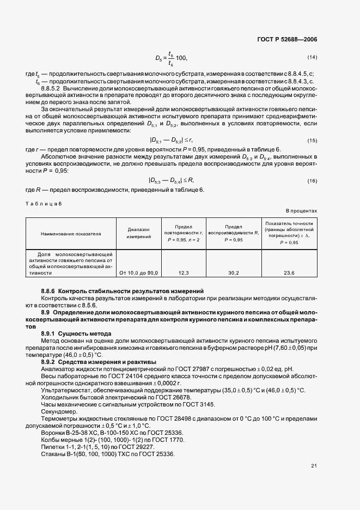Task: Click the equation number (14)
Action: point(312,57)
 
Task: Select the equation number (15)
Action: point(312,141)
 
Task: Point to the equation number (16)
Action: point(312,181)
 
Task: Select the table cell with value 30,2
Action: point(234,272)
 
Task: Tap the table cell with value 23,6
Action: point(289,272)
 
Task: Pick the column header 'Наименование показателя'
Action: point(71,233)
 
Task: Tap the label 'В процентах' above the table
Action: point(301,211)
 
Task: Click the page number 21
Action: point(314,465)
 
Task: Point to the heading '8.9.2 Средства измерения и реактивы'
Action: point(98,362)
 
